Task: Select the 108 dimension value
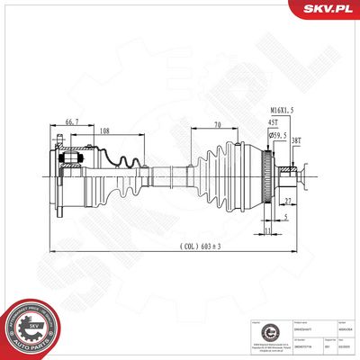pyautogui.click(x=103, y=131)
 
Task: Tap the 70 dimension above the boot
pyautogui.click(x=218, y=125)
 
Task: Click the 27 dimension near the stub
pyautogui.click(x=288, y=202)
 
